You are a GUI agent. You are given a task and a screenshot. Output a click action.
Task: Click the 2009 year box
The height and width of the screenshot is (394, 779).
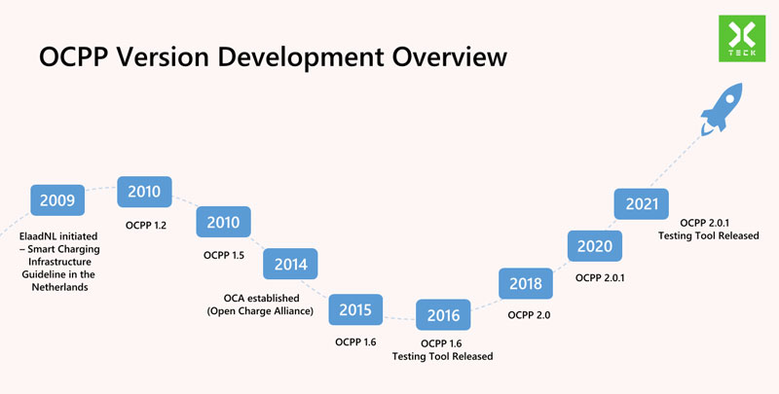56,201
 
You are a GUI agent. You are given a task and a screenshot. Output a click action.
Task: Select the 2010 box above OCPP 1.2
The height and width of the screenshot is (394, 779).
144,192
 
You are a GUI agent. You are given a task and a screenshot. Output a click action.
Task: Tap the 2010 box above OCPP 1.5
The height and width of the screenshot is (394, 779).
223,223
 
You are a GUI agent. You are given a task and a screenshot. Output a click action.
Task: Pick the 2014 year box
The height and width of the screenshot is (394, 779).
290,264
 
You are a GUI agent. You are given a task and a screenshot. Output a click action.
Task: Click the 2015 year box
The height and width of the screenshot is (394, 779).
355,309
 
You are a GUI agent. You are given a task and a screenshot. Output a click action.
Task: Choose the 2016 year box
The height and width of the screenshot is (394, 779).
443,315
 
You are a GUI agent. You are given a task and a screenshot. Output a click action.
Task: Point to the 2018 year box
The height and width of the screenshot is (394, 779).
526,284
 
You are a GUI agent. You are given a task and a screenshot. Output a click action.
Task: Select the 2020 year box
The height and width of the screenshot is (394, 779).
594,246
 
